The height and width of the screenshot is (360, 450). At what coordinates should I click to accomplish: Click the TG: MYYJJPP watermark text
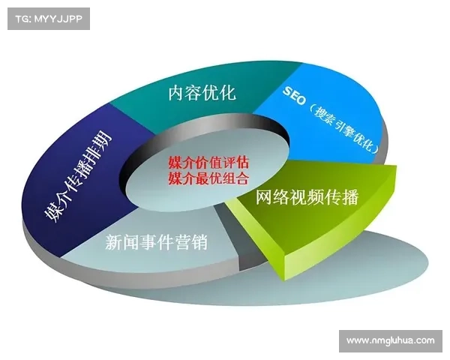(x=47, y=18)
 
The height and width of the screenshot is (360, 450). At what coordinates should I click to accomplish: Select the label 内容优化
(x=202, y=93)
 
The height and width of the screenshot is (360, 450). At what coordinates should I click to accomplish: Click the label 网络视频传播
(x=307, y=197)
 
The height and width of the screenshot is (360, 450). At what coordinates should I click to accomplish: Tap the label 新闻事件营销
(x=156, y=242)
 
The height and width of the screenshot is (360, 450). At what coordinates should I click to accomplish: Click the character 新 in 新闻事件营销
(x=113, y=242)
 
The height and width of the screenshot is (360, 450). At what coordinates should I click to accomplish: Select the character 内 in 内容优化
(x=176, y=93)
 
